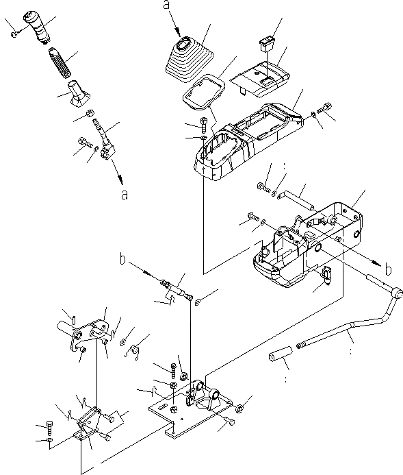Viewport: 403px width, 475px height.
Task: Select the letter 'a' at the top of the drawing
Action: (x=167, y=5)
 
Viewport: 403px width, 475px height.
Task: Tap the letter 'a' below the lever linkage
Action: (x=125, y=195)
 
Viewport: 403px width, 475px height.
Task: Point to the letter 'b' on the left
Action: (x=122, y=259)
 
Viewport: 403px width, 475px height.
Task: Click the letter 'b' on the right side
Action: (x=389, y=269)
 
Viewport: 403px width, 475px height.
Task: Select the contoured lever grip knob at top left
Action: (x=37, y=27)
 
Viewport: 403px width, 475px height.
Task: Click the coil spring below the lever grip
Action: (x=60, y=62)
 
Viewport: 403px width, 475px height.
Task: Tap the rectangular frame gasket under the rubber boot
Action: (x=204, y=91)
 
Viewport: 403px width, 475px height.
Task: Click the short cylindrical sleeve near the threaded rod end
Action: (x=281, y=354)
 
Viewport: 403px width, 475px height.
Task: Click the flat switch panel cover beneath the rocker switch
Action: (x=260, y=79)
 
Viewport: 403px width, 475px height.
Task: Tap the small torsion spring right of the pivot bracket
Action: (x=136, y=352)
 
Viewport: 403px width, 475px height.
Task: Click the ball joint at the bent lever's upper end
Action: (x=397, y=293)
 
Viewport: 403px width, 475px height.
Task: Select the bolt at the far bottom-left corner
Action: (x=50, y=427)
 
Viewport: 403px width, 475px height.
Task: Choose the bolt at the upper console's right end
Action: (x=324, y=108)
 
